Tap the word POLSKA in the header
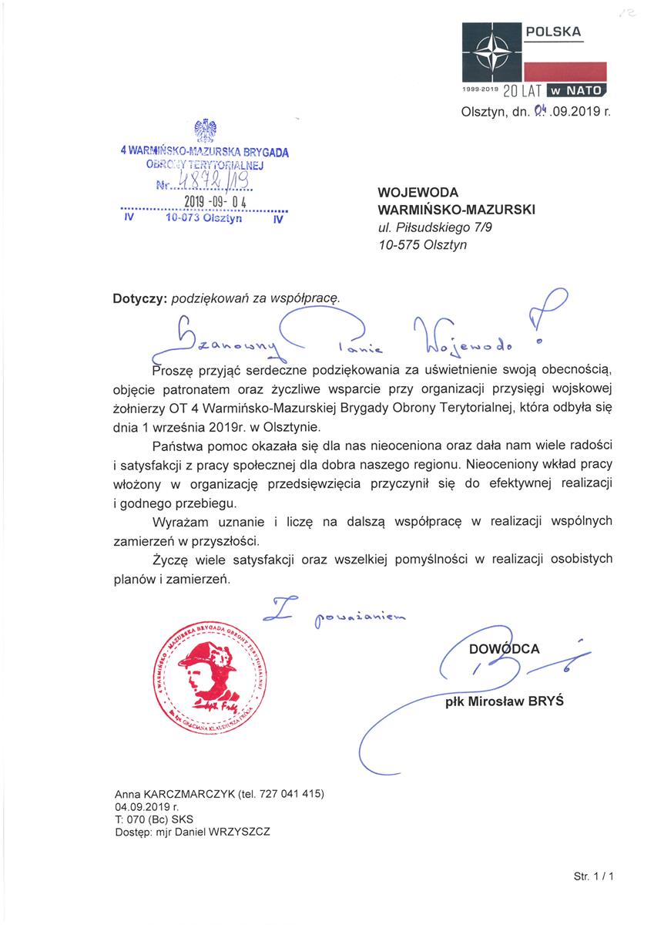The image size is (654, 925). [x=553, y=32]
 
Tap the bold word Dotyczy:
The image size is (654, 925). [x=140, y=296]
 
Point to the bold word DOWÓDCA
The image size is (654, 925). [x=505, y=649]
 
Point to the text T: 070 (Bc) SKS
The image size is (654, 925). [x=153, y=819]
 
